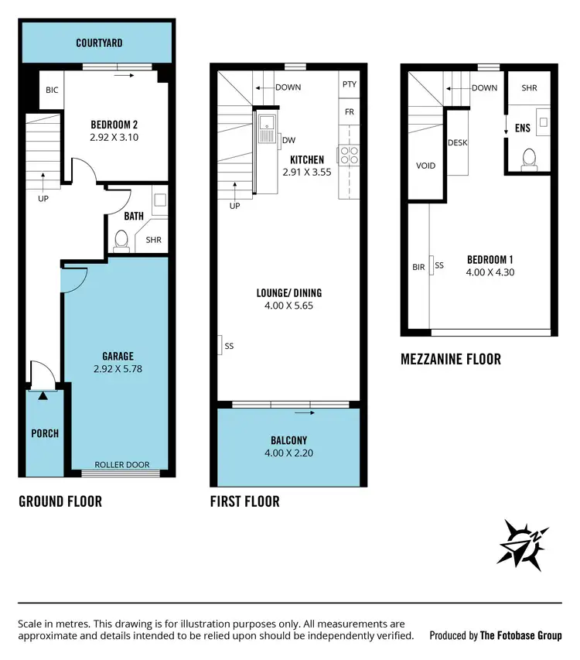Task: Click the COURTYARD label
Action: tap(99, 43)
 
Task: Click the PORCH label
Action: tap(45, 433)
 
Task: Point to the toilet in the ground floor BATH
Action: tap(121, 242)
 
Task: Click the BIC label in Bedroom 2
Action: tap(52, 91)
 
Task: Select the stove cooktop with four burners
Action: tap(349, 155)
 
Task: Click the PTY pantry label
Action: tap(349, 84)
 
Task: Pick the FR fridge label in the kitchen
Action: tap(349, 112)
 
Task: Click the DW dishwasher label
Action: tap(288, 140)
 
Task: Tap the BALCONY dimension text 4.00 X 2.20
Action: tap(288, 454)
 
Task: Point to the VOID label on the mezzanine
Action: tap(425, 166)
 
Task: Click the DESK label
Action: tap(457, 143)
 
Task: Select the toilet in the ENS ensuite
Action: tap(530, 158)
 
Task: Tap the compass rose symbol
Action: tap(524, 544)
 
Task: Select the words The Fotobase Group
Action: tap(520, 636)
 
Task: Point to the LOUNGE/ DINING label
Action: tap(288, 293)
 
